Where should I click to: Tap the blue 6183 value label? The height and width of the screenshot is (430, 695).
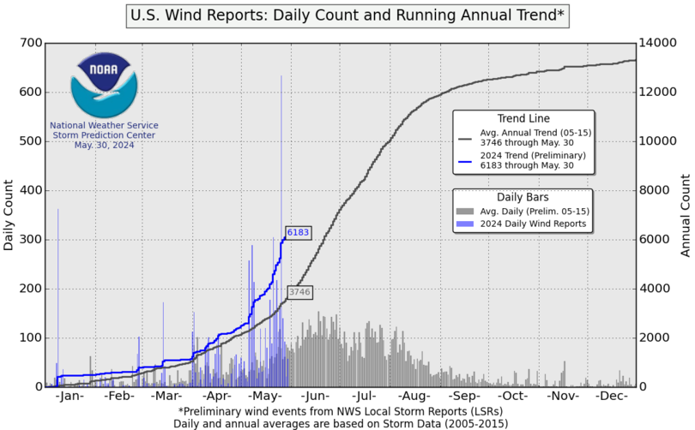tap(298, 232)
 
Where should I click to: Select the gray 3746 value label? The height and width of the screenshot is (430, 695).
tap(299, 292)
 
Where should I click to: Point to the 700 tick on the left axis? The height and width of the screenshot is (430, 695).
tap(31, 43)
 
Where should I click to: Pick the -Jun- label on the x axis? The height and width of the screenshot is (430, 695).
tap(316, 397)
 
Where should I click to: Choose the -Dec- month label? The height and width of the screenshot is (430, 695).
tap(611, 397)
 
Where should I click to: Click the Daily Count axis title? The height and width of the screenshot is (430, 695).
tap(9, 215)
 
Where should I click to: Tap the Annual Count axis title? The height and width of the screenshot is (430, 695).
tap(685, 215)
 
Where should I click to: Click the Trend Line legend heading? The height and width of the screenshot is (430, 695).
tap(523, 118)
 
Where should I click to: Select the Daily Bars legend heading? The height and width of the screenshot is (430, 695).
tap(523, 196)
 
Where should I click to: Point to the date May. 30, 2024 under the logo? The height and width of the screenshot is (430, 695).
tap(104, 145)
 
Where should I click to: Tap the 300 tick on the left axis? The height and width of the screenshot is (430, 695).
tap(31, 239)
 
